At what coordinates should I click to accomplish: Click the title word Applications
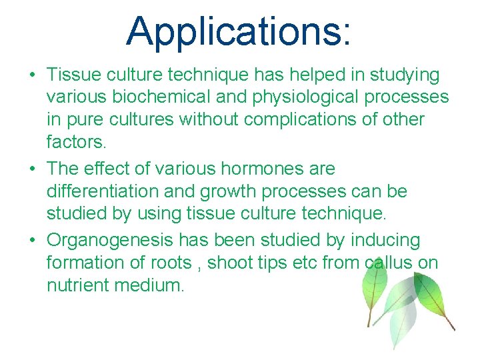click(237, 32)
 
